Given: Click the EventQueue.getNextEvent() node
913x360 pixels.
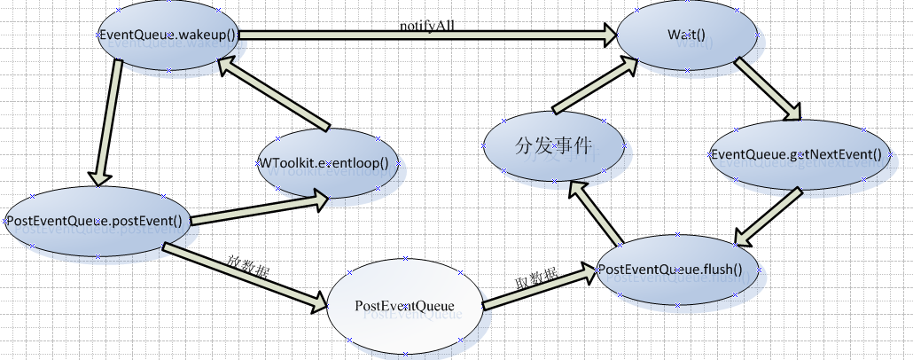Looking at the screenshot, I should [797, 155].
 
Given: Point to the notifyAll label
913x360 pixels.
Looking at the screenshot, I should [428, 27].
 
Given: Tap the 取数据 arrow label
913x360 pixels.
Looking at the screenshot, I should [536, 278].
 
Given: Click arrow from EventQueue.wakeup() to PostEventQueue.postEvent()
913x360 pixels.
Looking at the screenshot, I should [106, 125].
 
